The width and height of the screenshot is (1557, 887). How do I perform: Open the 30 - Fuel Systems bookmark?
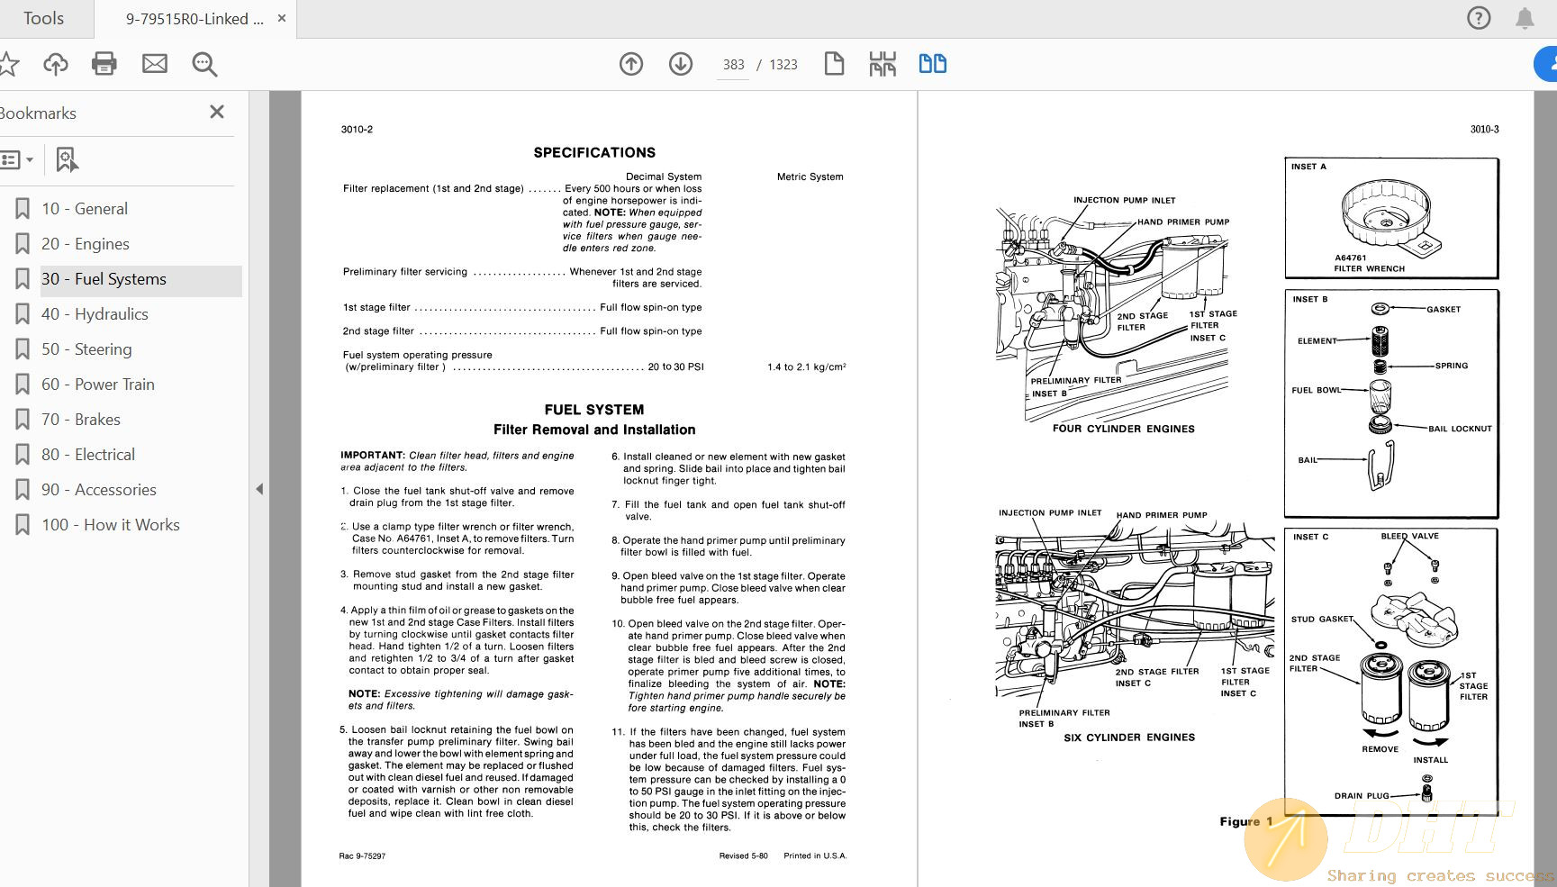point(104,279)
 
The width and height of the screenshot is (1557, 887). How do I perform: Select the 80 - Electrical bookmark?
point(87,455)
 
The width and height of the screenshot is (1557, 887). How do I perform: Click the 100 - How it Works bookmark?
point(110,525)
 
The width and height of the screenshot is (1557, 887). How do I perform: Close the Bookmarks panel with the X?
point(217,112)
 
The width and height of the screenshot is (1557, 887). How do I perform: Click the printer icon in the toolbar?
point(104,64)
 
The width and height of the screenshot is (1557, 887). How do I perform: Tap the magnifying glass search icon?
point(204,64)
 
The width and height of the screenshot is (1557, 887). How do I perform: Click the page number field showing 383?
point(733,65)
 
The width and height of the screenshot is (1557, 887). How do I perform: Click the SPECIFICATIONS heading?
point(594,152)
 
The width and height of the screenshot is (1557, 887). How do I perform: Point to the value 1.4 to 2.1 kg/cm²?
point(806,367)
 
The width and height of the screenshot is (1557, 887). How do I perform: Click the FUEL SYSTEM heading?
point(594,410)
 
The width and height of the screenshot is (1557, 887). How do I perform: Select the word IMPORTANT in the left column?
point(372,456)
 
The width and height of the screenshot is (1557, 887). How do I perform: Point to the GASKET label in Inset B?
point(1444,310)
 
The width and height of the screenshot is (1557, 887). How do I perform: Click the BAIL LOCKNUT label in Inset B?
point(1460,429)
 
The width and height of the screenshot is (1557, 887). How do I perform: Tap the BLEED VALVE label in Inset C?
point(1409,537)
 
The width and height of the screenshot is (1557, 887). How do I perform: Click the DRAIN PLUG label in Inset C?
point(1362,796)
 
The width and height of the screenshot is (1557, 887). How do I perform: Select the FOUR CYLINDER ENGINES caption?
point(1123,429)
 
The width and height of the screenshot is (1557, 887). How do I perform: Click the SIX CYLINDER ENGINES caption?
point(1129,738)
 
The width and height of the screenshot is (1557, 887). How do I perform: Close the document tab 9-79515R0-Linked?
point(282,18)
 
